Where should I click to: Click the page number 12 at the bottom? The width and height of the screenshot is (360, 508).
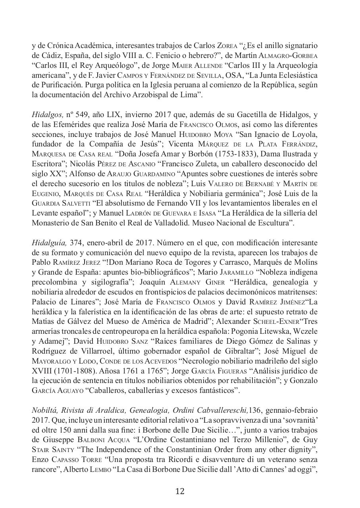[180, 491]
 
